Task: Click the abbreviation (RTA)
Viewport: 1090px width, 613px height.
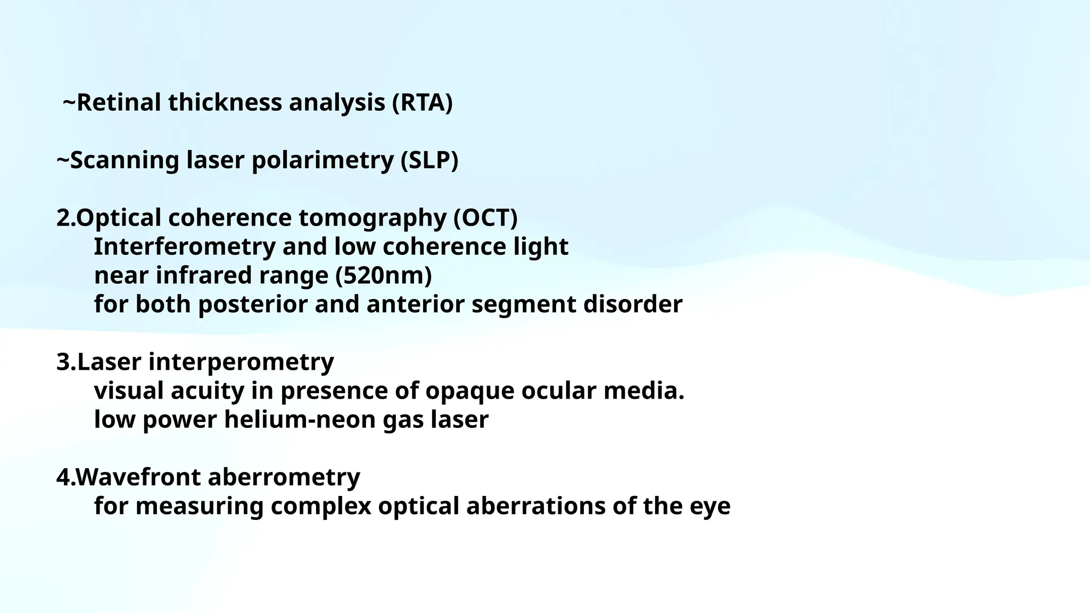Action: point(422,102)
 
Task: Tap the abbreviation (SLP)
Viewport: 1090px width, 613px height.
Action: point(429,160)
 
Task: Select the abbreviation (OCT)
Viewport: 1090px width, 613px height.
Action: point(485,218)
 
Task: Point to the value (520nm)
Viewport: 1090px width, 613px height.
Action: point(383,276)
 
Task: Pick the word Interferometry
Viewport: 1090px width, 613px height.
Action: point(185,247)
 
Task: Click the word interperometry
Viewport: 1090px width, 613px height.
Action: point(241,362)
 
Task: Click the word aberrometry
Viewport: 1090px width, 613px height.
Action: point(284,477)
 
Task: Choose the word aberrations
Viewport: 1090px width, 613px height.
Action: point(535,506)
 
